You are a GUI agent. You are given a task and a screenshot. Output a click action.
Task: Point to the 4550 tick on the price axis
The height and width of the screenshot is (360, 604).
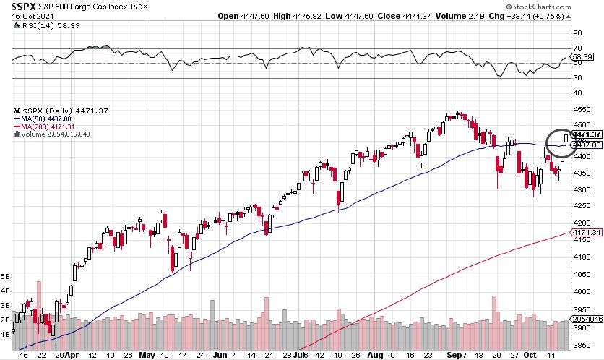click(582, 111)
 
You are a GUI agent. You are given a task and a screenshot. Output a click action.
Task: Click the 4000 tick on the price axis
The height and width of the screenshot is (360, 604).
click(582, 291)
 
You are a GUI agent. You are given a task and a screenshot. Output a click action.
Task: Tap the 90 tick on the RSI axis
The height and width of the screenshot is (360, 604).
click(578, 33)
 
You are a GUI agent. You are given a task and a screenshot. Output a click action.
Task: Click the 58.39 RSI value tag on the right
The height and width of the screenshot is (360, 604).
click(582, 56)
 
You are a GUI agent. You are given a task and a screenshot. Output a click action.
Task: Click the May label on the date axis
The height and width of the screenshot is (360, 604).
click(147, 355)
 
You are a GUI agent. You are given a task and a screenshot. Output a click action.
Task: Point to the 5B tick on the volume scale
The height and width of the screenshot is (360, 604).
click(6, 277)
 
